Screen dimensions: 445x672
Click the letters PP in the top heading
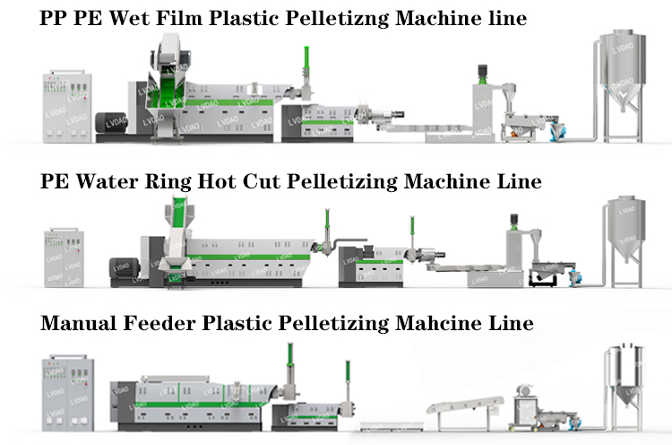tap(56, 18)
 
